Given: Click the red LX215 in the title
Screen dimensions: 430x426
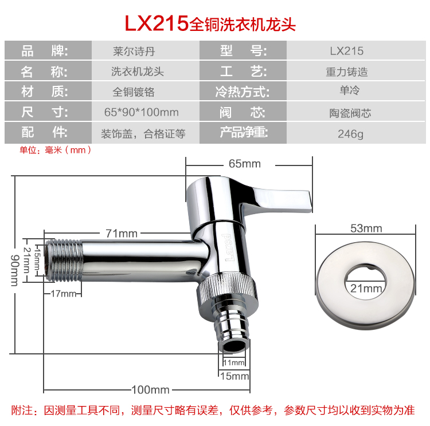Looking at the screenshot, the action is coord(157,23).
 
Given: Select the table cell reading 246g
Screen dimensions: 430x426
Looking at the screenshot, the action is coord(350,133).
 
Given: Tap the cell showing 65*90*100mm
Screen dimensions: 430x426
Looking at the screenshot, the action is coord(142,112).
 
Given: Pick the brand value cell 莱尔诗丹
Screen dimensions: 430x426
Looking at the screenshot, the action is coord(134,51).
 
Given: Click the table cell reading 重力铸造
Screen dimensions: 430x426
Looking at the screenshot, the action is coord(347,72).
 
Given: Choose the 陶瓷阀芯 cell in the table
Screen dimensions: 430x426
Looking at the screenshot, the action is coord(350,113).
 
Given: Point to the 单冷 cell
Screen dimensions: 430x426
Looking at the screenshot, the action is coord(349,90).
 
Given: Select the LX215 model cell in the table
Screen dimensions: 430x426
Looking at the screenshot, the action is coord(347,51).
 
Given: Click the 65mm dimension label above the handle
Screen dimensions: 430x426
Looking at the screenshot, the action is coord(245,164).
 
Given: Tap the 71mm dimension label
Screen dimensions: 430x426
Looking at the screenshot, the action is coord(122,234).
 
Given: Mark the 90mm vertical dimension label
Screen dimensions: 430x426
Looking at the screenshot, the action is coord(15,270).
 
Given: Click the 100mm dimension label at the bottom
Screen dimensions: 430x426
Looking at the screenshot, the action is coord(151,390).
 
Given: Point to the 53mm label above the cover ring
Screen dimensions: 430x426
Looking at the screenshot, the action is coord(366,228).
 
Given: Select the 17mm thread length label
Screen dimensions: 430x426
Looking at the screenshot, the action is coord(63,294).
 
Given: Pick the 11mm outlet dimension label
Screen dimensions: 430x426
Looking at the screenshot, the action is coord(234,362).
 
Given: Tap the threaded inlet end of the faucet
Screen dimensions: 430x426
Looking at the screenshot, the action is coord(64,261).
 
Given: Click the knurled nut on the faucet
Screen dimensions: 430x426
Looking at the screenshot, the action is coord(228,287).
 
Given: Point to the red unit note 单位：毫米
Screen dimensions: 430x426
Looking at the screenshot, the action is coord(55,150).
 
